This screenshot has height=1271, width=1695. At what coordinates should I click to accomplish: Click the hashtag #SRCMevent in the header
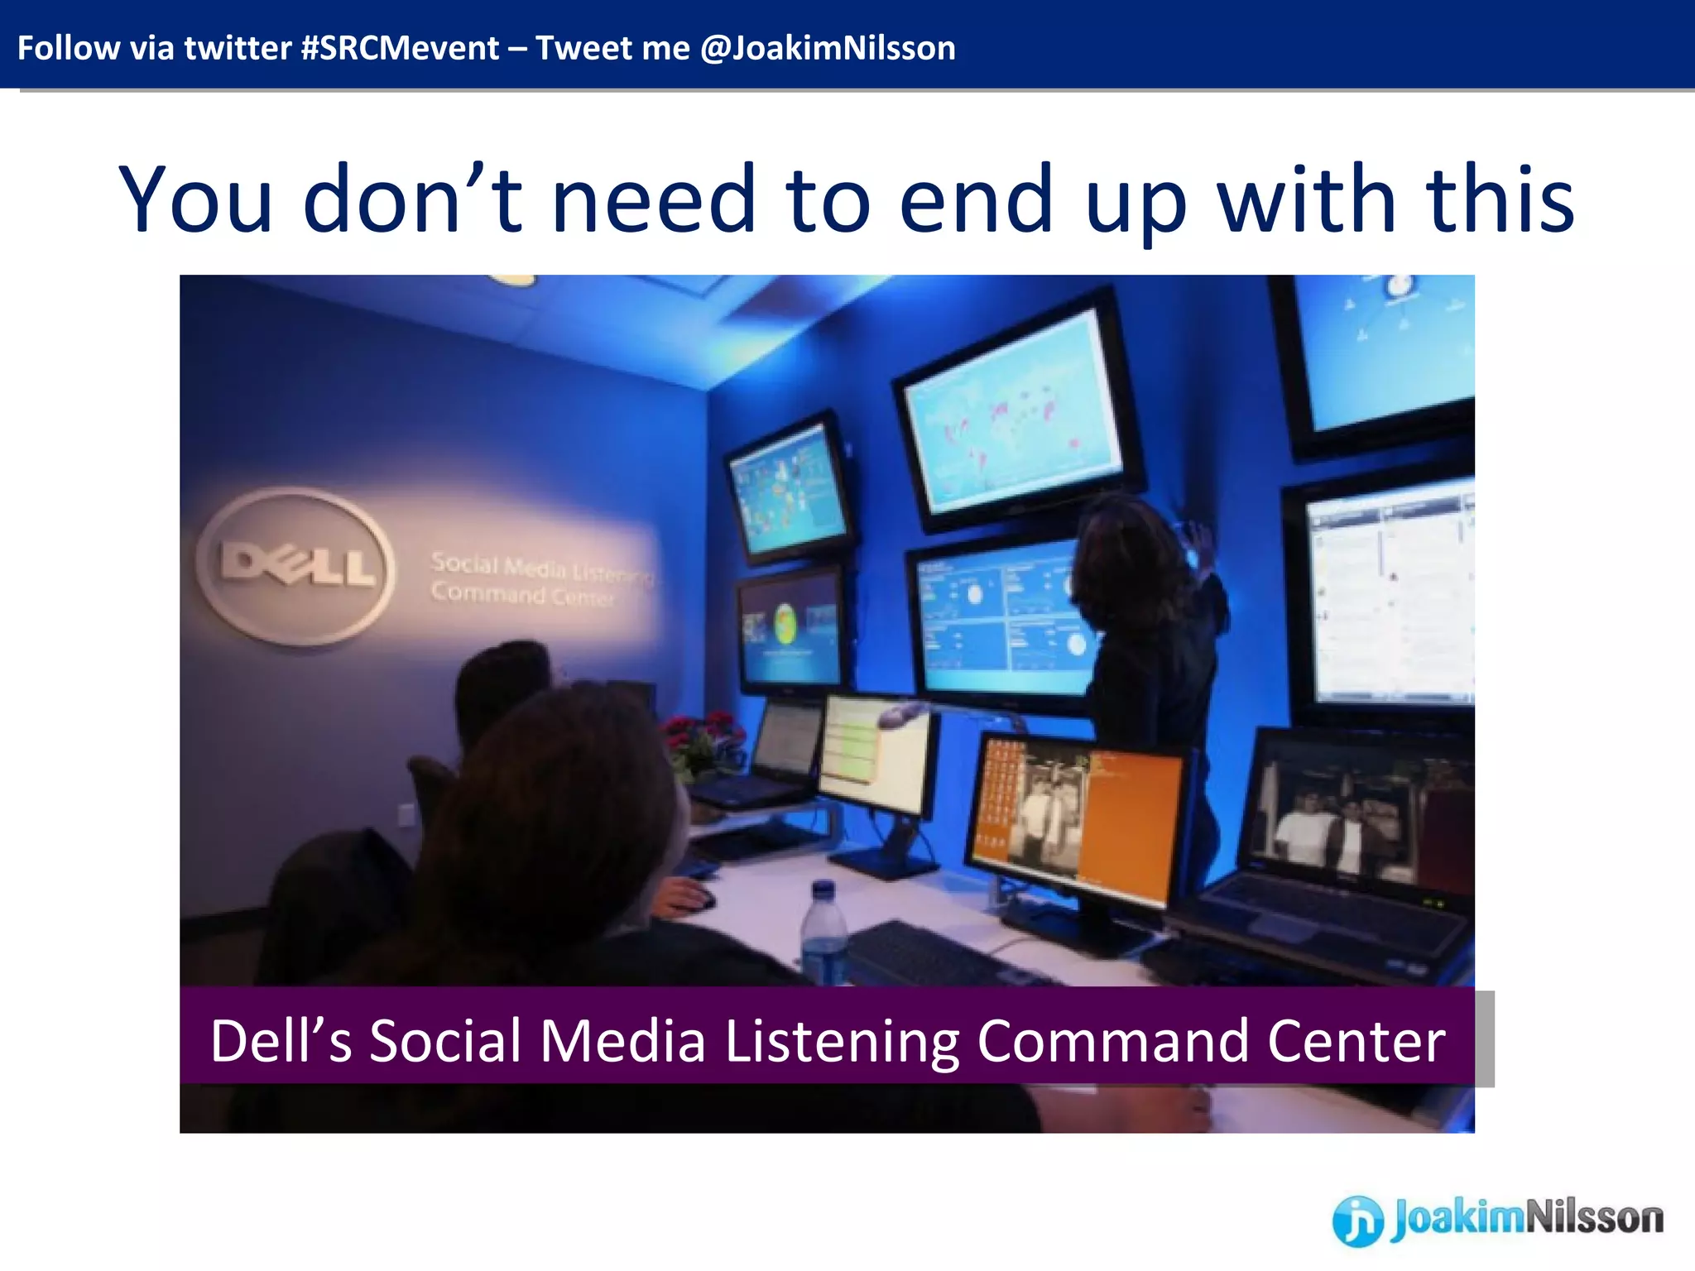(400, 48)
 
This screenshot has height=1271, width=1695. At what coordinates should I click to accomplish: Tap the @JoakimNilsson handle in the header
(828, 48)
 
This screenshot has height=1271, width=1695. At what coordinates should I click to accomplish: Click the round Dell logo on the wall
(296, 566)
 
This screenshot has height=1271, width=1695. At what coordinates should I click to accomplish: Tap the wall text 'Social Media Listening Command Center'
(538, 579)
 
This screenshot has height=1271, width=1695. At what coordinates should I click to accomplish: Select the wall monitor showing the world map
(1014, 414)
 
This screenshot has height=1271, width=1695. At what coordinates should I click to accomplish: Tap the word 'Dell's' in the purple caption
(281, 1041)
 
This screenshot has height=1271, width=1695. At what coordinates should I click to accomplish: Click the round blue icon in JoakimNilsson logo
(1357, 1221)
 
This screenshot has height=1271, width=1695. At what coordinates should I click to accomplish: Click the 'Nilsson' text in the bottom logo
(1593, 1218)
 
